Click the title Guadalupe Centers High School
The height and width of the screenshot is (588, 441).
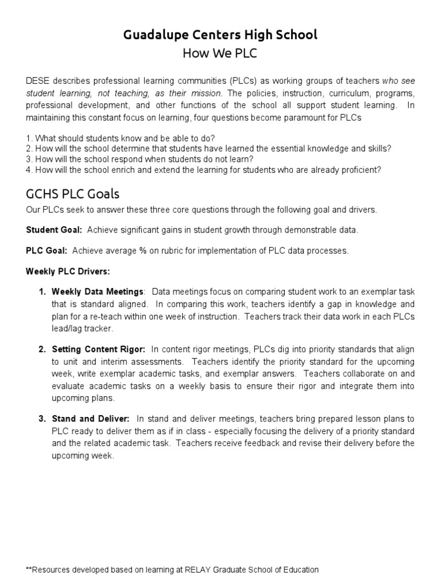pos(220,35)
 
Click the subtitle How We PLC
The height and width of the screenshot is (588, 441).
pos(220,53)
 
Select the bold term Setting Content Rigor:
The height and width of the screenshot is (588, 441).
pos(98,349)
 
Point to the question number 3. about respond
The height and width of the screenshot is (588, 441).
pos(29,159)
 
